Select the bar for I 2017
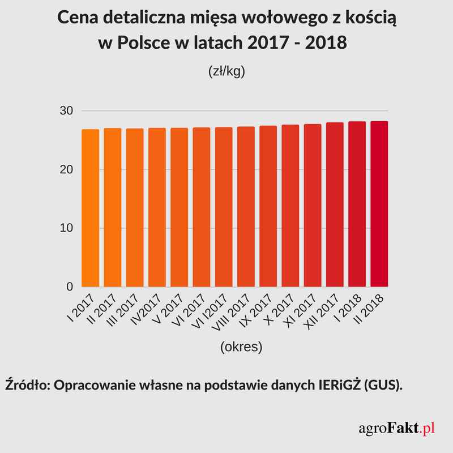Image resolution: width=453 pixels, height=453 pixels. tap(91, 208)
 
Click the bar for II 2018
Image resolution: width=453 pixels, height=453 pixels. tap(379, 204)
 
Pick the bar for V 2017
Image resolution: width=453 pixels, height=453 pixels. tap(180, 207)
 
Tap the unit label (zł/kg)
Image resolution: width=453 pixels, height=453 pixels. tap(226, 72)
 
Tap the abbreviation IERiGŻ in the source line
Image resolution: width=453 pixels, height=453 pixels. tap(336, 385)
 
